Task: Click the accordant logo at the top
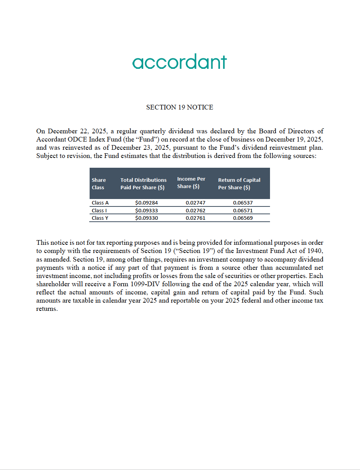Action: tap(180, 62)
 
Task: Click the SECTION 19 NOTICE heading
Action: tap(180, 107)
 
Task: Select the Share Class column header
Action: tap(99, 184)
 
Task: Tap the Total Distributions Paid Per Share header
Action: tap(143, 184)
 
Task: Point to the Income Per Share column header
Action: tap(191, 183)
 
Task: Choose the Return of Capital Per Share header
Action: tap(239, 184)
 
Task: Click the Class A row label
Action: tap(100, 203)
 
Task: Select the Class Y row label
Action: tap(100, 218)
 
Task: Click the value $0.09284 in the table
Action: tap(146, 203)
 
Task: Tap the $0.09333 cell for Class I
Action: tap(146, 210)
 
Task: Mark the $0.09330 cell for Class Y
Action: tap(146, 218)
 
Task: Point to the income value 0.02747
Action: tap(196, 203)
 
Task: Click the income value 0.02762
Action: tap(196, 210)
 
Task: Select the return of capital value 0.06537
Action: tap(243, 203)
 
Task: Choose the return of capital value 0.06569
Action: tap(243, 218)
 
